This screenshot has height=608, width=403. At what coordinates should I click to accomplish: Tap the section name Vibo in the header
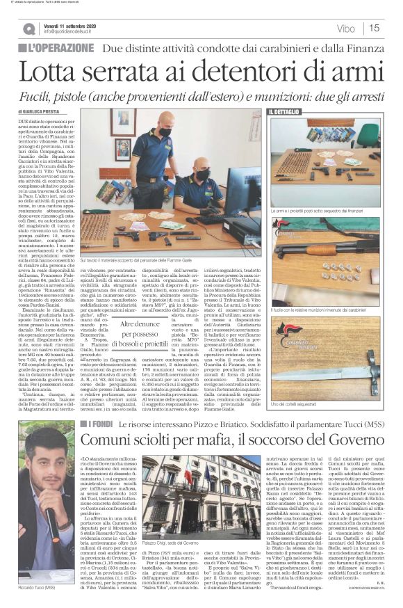[345, 28]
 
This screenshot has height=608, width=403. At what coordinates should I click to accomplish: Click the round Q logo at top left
[28, 29]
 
